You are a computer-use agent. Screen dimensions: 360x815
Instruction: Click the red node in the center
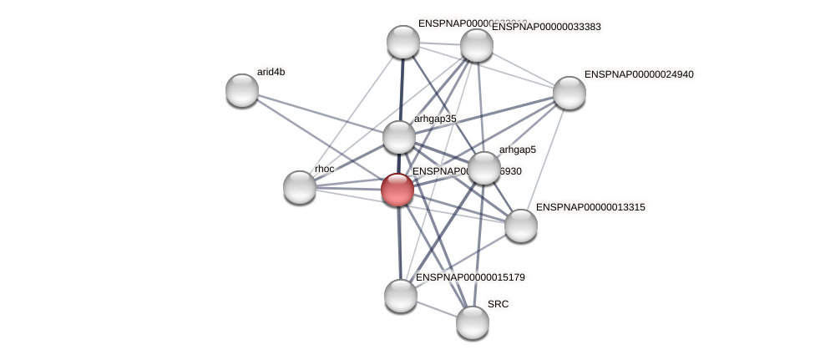point(397,190)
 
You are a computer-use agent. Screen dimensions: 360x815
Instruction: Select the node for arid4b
point(242,90)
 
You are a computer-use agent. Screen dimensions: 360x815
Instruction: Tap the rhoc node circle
point(300,187)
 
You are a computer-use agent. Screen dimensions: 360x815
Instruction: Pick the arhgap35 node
point(399,137)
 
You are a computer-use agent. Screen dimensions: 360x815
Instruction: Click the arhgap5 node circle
point(484,168)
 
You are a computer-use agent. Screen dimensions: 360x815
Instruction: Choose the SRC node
point(473,322)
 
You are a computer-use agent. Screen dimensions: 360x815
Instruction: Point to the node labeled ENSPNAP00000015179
point(401,296)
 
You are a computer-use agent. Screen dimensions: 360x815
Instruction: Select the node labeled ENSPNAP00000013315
point(521,226)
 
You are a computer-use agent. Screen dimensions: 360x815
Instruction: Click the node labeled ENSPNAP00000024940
point(569,93)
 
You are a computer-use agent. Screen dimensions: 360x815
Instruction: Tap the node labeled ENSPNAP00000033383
point(477,45)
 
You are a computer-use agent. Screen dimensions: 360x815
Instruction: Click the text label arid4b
point(271,72)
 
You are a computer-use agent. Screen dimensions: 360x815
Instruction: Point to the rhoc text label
point(324,169)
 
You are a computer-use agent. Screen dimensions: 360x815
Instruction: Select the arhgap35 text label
point(435,119)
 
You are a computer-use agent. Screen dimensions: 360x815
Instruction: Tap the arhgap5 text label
point(517,150)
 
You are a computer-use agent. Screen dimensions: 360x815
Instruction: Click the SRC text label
point(498,304)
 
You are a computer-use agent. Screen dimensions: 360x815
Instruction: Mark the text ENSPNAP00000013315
point(590,207)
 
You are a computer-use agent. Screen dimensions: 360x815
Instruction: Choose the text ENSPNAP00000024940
point(639,74)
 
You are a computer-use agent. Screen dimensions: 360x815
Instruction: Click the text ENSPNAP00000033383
point(546,27)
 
